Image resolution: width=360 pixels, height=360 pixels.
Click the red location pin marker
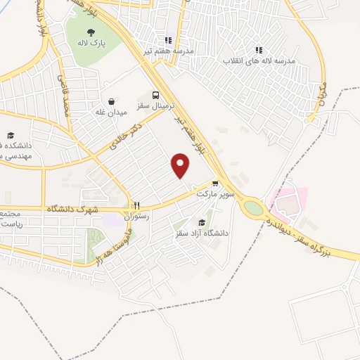point(181,165)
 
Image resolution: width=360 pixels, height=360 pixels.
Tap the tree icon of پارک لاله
point(90,32)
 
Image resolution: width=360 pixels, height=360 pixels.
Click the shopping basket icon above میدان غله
point(111,101)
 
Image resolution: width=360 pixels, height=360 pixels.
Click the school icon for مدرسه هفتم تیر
point(167,40)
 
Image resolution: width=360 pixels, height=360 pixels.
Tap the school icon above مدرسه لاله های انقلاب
point(259,50)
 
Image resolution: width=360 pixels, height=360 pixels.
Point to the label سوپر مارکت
point(214,193)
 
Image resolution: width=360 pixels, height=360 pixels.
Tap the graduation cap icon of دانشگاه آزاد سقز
point(202,222)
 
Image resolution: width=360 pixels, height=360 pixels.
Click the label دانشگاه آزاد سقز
point(202,233)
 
